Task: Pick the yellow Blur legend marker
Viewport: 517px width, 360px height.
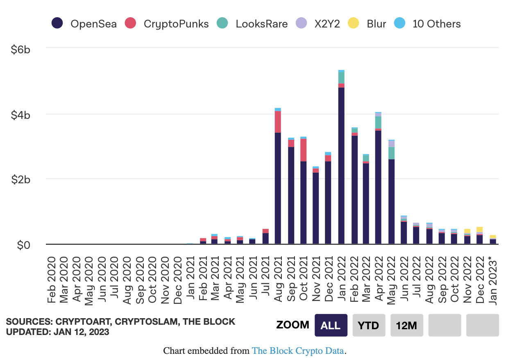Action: (353, 23)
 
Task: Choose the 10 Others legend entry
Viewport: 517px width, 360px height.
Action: (428, 23)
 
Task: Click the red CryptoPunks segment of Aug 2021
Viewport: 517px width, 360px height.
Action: (278, 122)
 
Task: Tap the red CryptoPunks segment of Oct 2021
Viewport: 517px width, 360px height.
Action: (303, 150)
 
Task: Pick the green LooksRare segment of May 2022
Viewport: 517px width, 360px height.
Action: (392, 153)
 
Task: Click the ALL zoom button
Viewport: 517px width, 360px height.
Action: (331, 325)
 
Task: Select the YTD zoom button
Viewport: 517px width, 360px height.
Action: (369, 325)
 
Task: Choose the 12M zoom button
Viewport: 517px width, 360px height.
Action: (406, 325)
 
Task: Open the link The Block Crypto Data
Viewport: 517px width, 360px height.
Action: (298, 351)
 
